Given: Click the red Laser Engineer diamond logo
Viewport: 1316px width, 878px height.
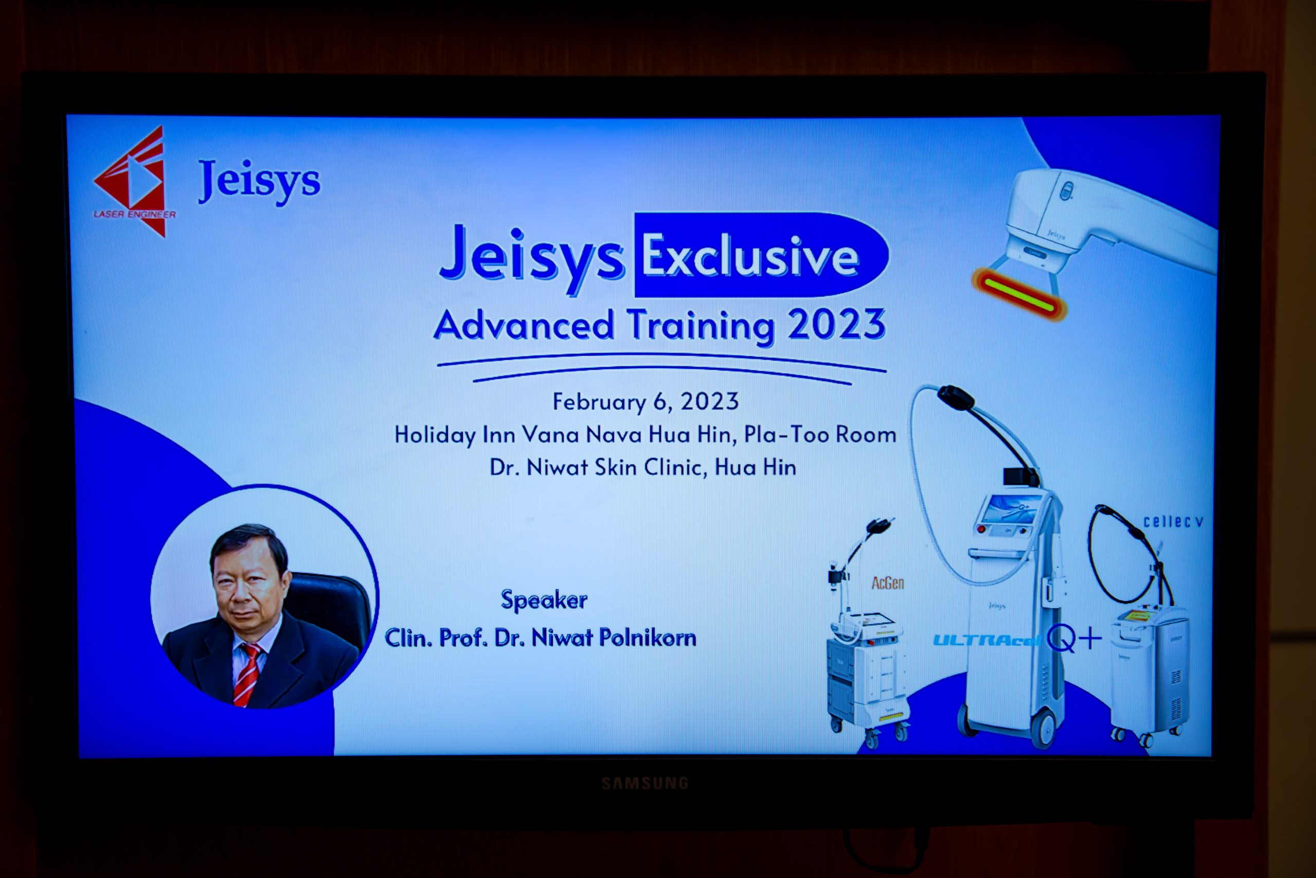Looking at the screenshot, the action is (133, 181).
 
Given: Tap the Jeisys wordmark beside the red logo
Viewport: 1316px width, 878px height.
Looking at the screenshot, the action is (259, 181).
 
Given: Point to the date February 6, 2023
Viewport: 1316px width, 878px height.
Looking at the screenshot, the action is (646, 402).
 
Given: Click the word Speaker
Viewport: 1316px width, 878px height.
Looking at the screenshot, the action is (544, 600).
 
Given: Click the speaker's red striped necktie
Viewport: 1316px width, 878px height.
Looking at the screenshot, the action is (247, 674).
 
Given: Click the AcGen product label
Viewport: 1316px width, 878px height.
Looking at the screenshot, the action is (887, 583).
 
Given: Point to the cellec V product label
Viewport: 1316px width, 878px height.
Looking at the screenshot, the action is (1173, 522).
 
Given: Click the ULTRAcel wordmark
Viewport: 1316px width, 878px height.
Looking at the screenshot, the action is (987, 639).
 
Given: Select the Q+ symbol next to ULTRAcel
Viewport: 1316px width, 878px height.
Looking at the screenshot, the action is (1074, 638).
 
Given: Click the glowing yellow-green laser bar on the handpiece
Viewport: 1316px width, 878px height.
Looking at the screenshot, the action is (1020, 295).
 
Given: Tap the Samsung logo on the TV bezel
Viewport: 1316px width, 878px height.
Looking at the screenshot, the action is (645, 783).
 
